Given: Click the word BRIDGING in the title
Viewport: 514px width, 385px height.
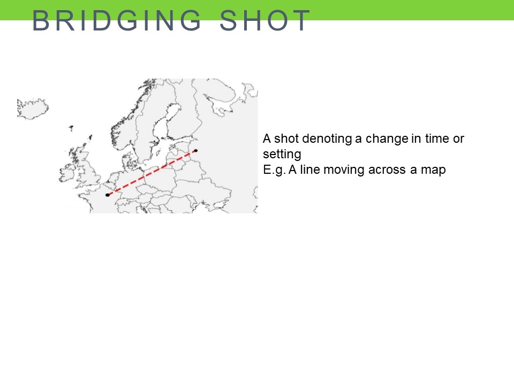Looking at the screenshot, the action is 116,20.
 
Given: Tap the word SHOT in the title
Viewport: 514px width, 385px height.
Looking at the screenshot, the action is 264,20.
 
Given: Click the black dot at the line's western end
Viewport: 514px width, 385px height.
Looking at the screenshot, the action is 108,195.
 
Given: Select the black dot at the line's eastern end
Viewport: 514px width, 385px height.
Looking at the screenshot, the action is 196,151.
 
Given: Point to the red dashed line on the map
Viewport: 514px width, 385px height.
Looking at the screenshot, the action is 152,173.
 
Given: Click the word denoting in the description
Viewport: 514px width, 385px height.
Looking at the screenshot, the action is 327,138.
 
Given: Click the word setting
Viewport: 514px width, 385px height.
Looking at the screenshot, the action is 282,154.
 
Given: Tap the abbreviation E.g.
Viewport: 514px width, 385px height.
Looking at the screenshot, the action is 274,170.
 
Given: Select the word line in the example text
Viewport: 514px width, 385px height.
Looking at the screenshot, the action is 309,170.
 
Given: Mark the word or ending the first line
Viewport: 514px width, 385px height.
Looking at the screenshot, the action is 458,139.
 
